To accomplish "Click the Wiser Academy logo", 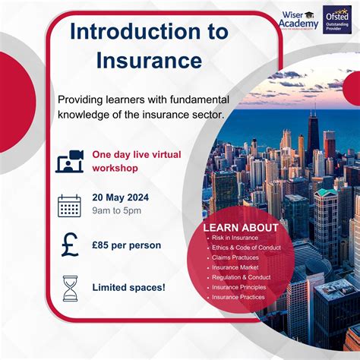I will point(298,18).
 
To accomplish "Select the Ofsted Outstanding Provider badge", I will point(336,18).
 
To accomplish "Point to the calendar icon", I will point(69,205).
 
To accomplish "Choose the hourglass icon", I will point(70,288).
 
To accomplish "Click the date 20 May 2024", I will point(120,197).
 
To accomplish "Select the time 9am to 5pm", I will point(116,212).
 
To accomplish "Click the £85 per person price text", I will point(126,246).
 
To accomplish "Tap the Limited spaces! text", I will point(128,287).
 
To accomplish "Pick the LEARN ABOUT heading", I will point(241,227).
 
